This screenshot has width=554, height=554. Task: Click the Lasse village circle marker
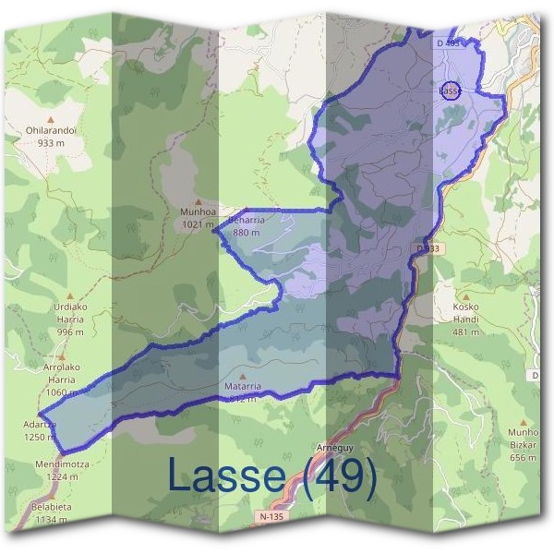450,90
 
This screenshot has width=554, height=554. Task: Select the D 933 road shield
428,249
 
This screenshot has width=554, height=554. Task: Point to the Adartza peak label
39,425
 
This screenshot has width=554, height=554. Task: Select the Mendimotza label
62,464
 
